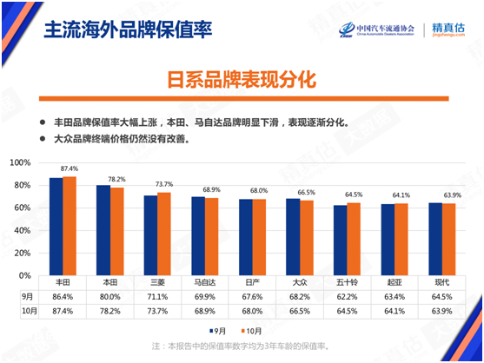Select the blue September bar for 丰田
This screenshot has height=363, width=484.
pos(56,226)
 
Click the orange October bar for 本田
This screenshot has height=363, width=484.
pos(116,231)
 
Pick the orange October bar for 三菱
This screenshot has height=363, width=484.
pos(163,234)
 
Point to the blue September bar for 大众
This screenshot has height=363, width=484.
pos(294,236)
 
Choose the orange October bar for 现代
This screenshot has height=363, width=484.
pos(448,239)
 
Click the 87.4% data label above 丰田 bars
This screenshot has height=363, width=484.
pos(69,168)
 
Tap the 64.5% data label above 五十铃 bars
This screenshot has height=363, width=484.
pos(353,195)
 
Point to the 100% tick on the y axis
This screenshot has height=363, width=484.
pos(21,162)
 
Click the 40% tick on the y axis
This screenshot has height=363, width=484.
pos(23,230)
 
